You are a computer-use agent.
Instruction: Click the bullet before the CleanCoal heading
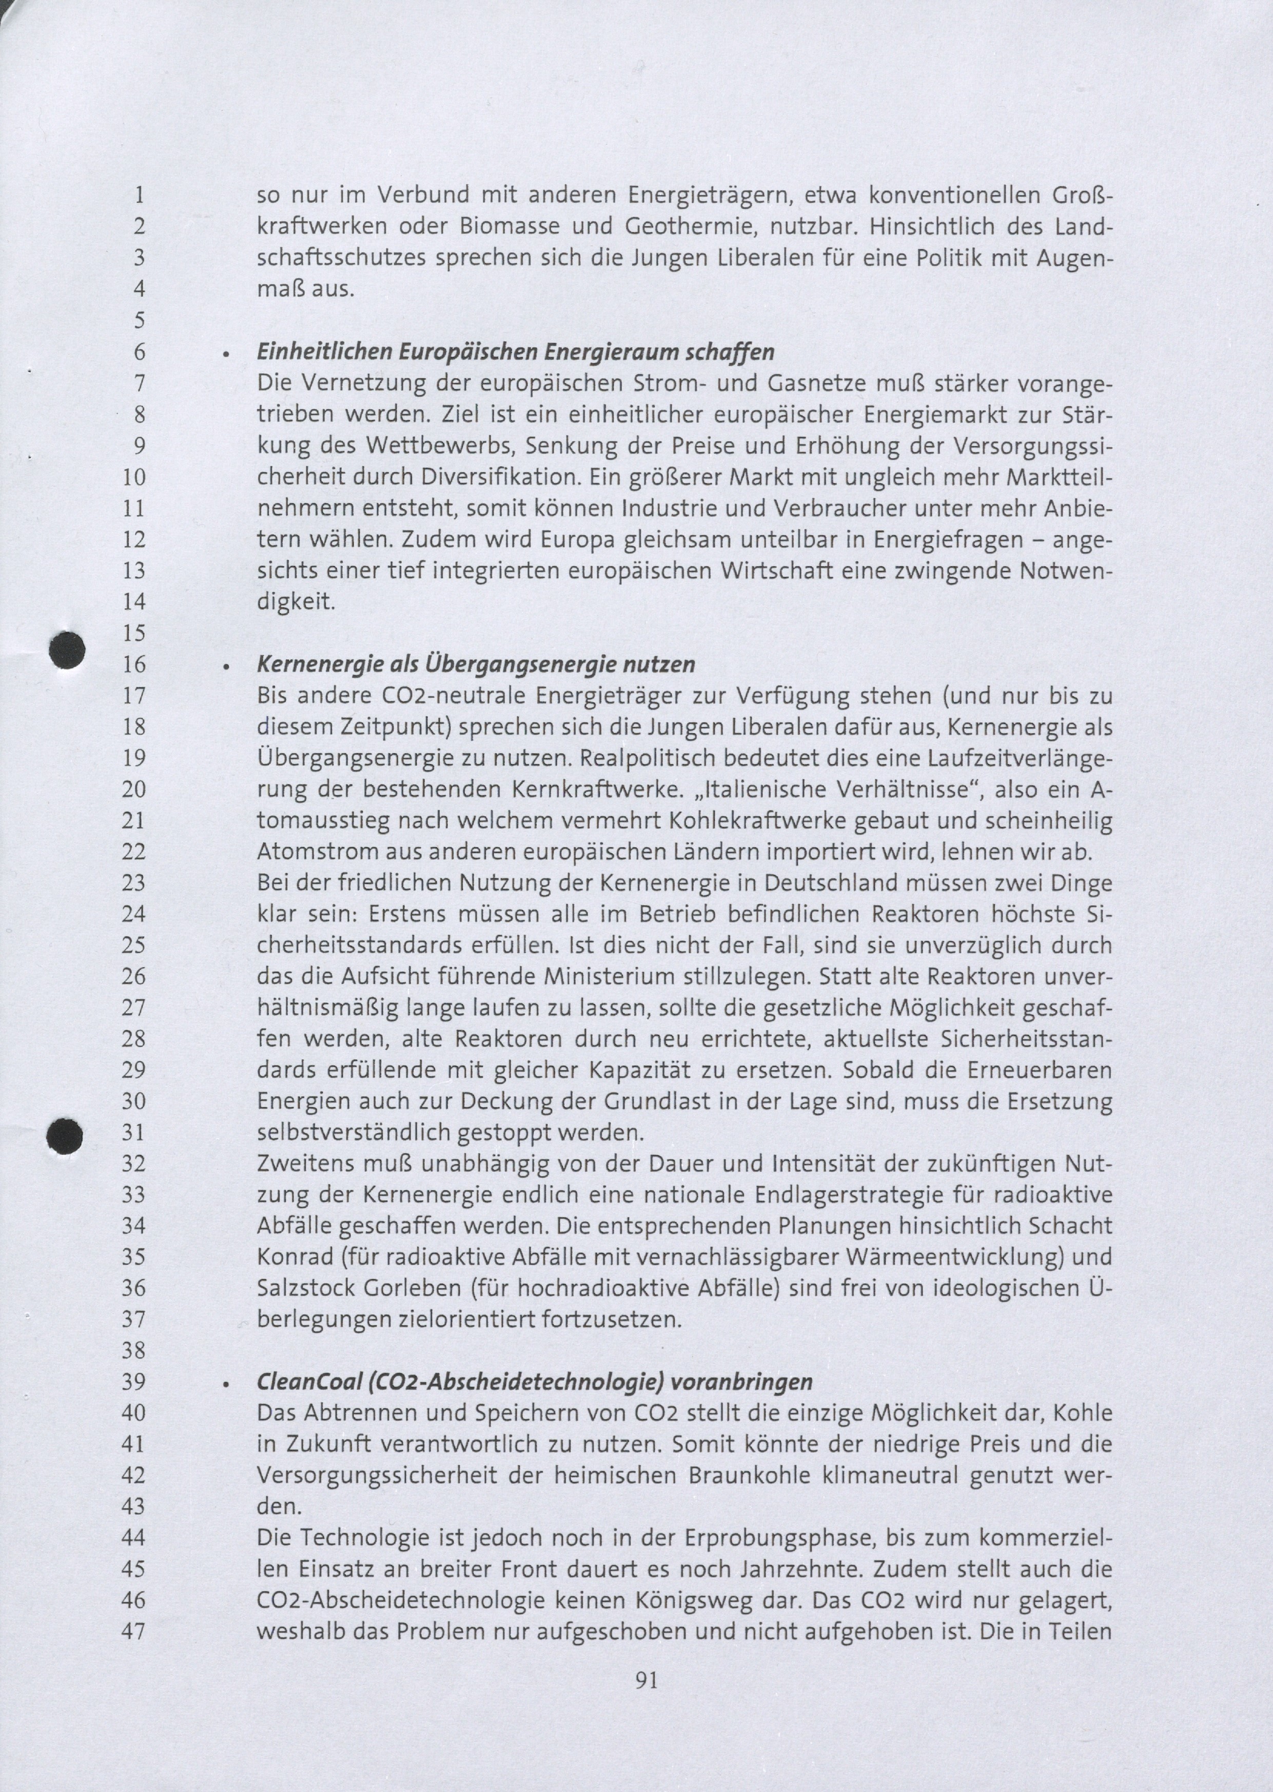tap(225, 1385)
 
